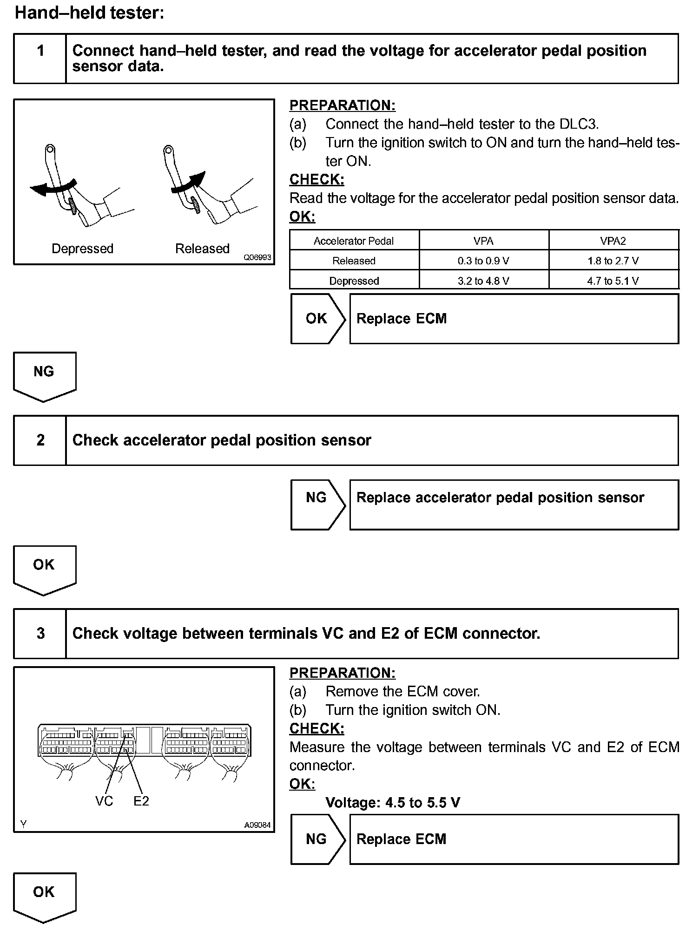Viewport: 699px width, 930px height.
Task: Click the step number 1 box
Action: tap(40, 59)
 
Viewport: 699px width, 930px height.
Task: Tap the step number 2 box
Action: tap(40, 440)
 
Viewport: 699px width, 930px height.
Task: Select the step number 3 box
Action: tap(40, 633)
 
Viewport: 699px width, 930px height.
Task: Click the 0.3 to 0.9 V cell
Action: tap(483, 261)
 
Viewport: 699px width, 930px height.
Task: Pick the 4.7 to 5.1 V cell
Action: tap(613, 281)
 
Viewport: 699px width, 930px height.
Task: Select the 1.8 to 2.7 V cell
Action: tap(613, 261)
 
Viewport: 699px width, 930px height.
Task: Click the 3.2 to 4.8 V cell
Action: tap(483, 281)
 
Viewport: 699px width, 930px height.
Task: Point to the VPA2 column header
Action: tap(613, 241)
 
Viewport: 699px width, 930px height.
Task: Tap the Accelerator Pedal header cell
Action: tap(354, 241)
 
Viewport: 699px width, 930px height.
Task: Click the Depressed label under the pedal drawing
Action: tap(82, 249)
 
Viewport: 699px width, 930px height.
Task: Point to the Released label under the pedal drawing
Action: tap(202, 249)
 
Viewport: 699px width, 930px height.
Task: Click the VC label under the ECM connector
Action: tap(104, 801)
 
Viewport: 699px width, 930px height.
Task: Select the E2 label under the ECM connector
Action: tap(141, 801)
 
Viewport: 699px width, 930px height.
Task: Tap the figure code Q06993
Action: tap(257, 257)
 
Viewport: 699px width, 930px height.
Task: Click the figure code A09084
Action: tap(257, 825)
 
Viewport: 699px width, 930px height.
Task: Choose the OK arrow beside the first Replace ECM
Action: tap(317, 319)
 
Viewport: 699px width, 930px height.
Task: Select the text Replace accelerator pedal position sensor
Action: tap(500, 498)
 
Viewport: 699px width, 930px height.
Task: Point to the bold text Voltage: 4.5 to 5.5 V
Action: tap(393, 802)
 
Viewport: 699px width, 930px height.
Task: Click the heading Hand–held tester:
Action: tap(90, 13)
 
